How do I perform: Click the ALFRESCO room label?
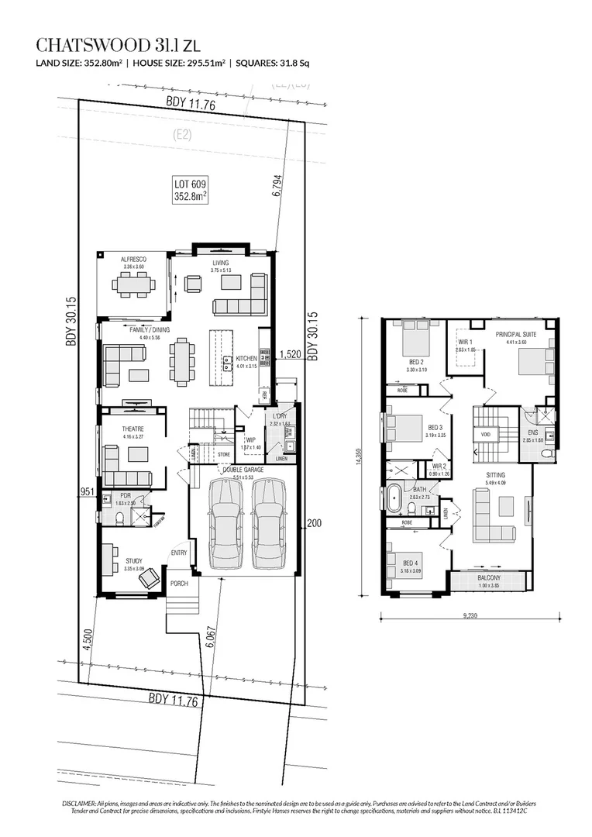[x=134, y=260]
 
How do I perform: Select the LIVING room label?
[x=222, y=263]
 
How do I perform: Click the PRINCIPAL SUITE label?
[x=521, y=333]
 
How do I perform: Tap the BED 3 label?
[x=435, y=427]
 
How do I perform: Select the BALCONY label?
[x=488, y=577]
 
